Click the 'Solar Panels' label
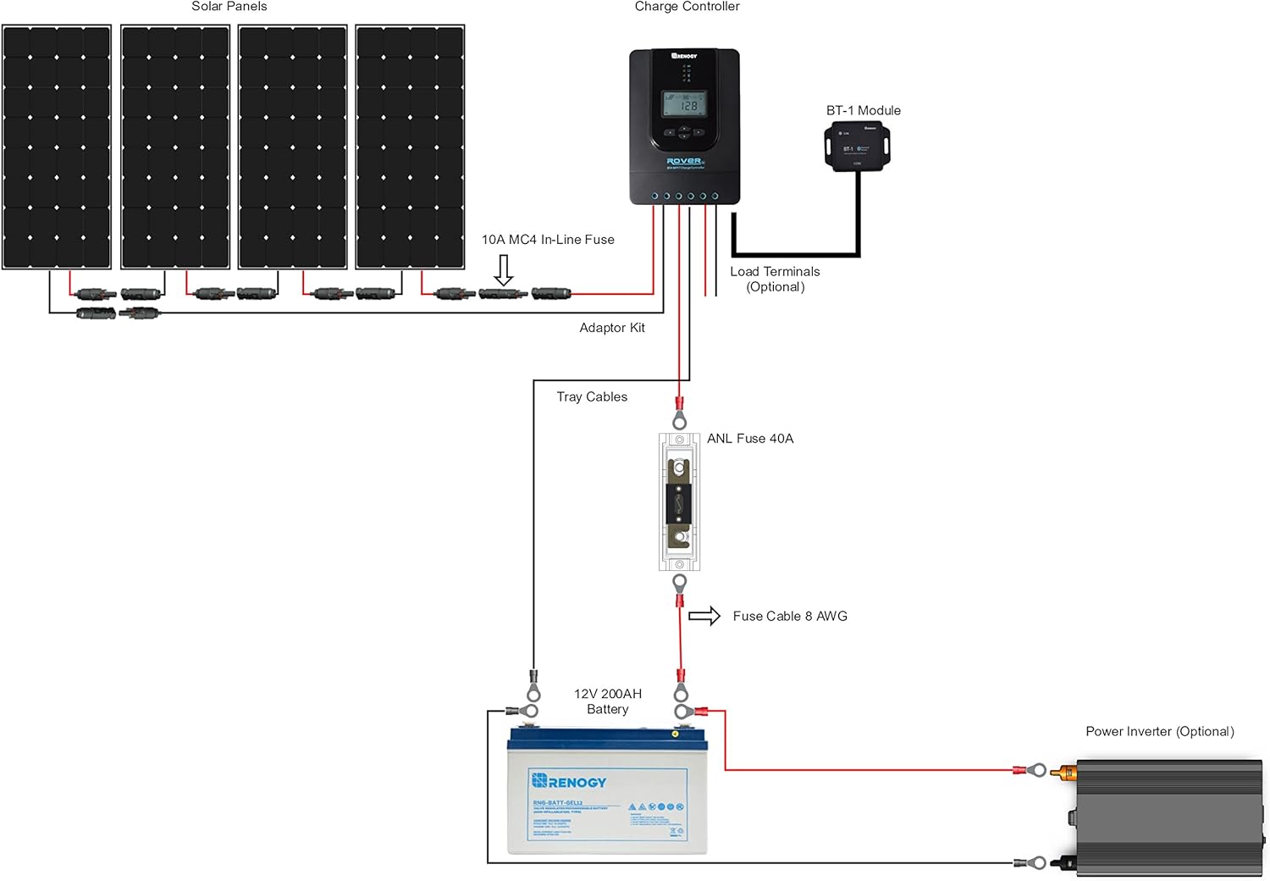(x=229, y=7)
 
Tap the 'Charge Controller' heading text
(x=687, y=7)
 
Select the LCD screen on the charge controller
(x=684, y=104)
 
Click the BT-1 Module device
(x=857, y=147)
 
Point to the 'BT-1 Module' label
(x=863, y=111)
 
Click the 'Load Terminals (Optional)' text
(x=775, y=279)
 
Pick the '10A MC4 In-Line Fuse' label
(x=548, y=240)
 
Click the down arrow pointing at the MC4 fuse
(x=504, y=270)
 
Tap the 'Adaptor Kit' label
(x=611, y=328)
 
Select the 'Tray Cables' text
(x=592, y=396)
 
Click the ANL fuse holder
(x=679, y=501)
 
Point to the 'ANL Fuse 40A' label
(x=750, y=439)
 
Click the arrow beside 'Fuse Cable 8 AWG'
(x=704, y=616)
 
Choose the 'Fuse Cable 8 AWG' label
(x=790, y=617)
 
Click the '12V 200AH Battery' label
(x=608, y=701)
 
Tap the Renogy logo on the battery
(x=569, y=781)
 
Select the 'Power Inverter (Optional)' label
(x=1159, y=732)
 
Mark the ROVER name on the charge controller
(x=683, y=161)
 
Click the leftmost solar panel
(x=57, y=147)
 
